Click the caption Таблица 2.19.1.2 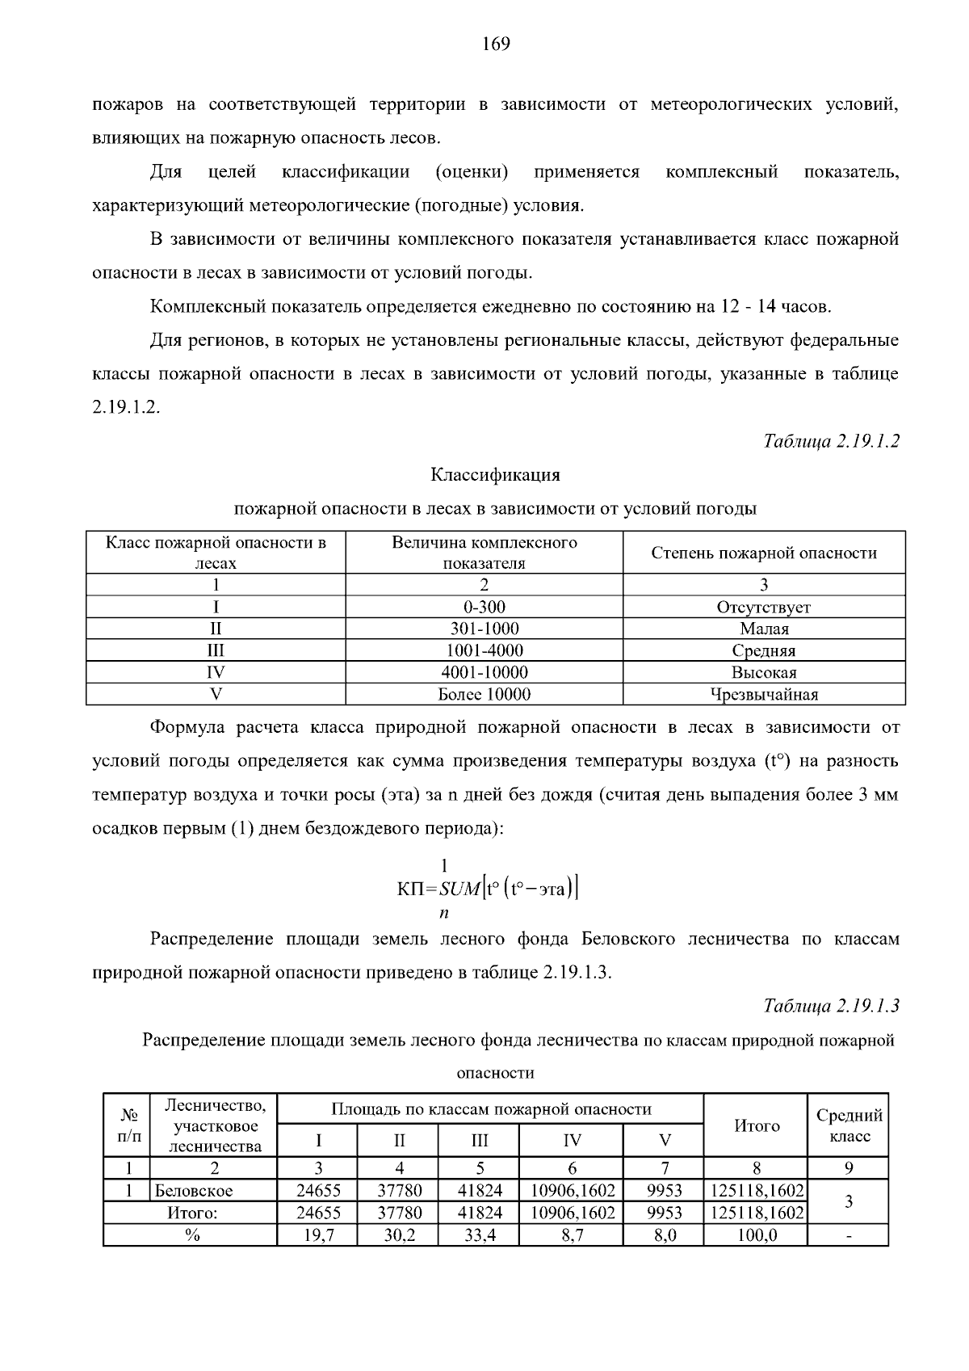[831, 441]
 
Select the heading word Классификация [495, 475]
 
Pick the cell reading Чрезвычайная [764, 694]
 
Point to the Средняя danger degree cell [764, 650]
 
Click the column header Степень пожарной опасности [764, 553]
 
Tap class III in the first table [216, 650]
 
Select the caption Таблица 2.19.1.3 [831, 1006]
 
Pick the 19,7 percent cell [318, 1235]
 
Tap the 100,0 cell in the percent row [756, 1235]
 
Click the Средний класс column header [849, 1125]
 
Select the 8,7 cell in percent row [572, 1235]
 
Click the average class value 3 [849, 1201]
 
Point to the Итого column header [756, 1125]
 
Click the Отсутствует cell [764, 607]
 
